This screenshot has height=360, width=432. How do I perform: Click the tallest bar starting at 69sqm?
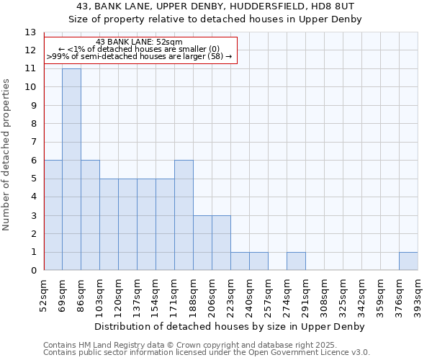tap(71, 169)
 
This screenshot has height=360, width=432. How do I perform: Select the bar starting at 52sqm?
tap(53, 215)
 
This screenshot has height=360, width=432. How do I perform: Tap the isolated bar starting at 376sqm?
tap(408, 261)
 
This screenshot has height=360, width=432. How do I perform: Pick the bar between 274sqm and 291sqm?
tap(296, 261)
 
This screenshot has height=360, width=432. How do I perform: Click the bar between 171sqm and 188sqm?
tap(184, 215)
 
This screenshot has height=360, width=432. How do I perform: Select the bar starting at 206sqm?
tap(221, 243)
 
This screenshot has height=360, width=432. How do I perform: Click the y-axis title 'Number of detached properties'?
tap(6, 155)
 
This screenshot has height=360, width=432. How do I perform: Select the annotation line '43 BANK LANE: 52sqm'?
tap(139, 42)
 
